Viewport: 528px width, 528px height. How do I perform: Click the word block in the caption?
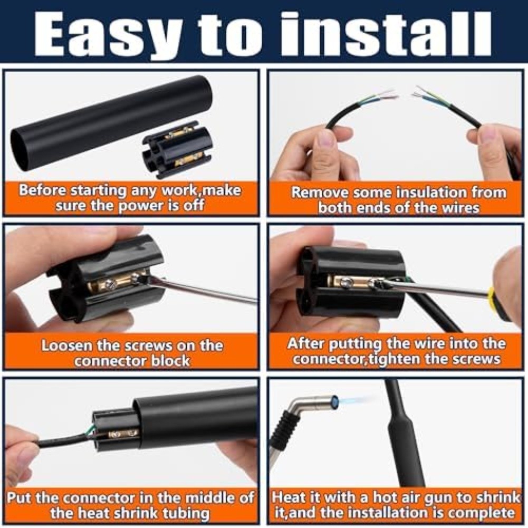170,361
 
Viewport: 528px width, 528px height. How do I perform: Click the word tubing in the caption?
186,514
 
